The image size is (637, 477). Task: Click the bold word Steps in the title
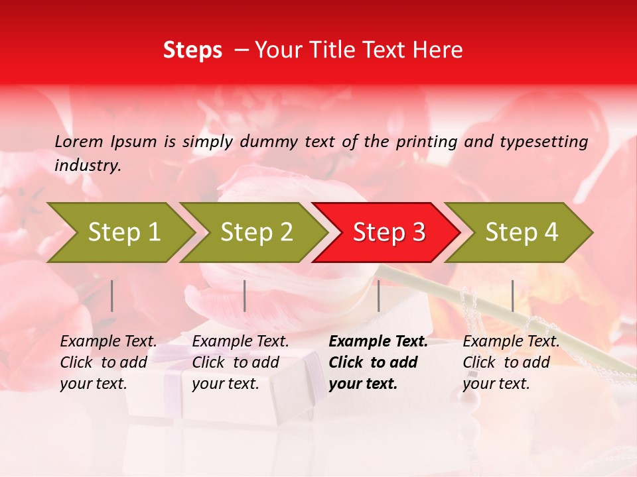(x=192, y=50)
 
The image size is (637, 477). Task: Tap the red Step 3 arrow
(x=389, y=233)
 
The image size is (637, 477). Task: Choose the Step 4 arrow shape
(x=522, y=233)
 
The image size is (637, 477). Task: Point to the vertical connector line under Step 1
(x=112, y=295)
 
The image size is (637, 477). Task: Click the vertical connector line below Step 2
(x=245, y=295)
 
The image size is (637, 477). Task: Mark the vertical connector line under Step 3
(x=378, y=295)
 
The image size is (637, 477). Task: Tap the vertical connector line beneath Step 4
(x=512, y=295)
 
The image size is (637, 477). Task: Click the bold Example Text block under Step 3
(x=378, y=362)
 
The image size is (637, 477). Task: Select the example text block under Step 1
(x=109, y=362)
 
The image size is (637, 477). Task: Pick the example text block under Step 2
(x=240, y=362)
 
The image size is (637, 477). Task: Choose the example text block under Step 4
(x=511, y=362)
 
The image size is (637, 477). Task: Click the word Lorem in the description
(x=79, y=142)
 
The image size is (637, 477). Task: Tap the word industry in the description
(x=88, y=166)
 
